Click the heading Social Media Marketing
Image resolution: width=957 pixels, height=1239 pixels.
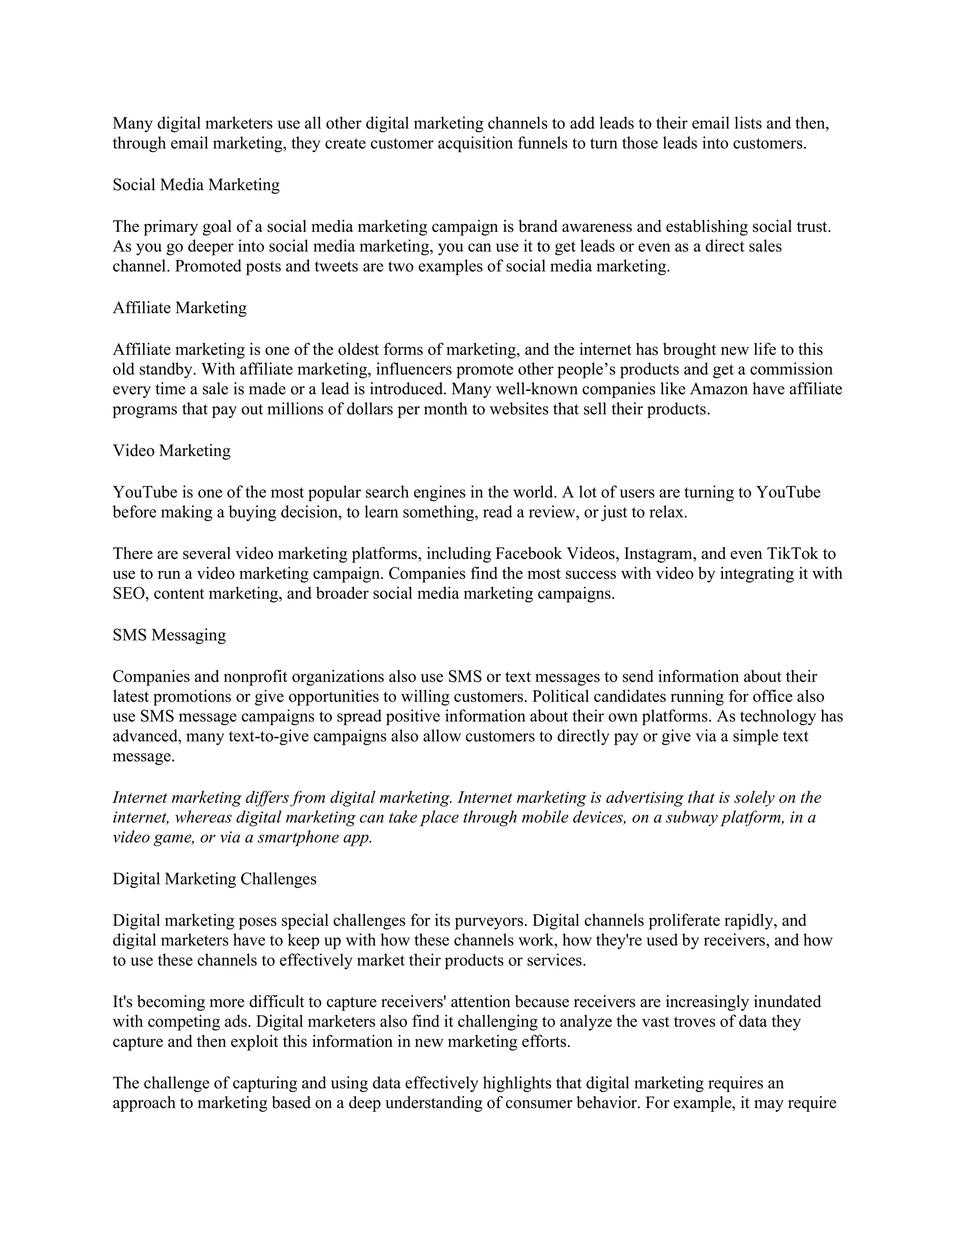[x=196, y=185]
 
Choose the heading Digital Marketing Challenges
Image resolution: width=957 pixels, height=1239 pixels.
[x=214, y=879]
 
